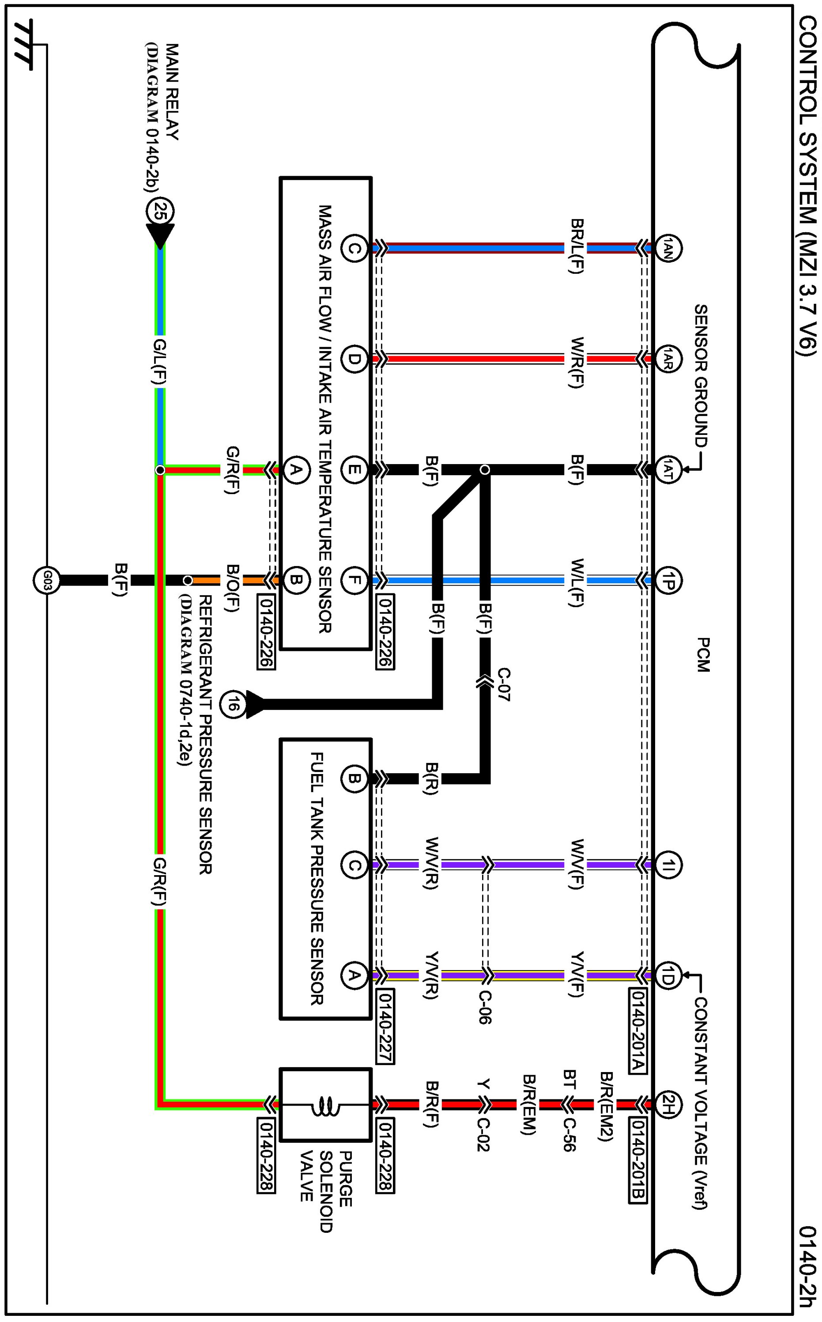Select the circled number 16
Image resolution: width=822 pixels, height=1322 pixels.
pyautogui.click(x=232, y=706)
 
